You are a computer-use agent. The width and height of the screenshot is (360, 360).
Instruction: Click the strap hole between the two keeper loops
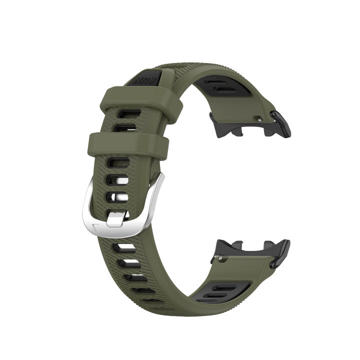121,128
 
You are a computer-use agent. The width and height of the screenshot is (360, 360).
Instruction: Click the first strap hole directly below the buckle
123,248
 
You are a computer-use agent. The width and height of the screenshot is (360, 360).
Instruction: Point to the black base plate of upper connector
235,125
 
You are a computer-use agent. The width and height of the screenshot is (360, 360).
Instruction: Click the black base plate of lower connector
240,248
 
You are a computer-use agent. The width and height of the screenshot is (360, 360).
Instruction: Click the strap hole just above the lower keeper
121,128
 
